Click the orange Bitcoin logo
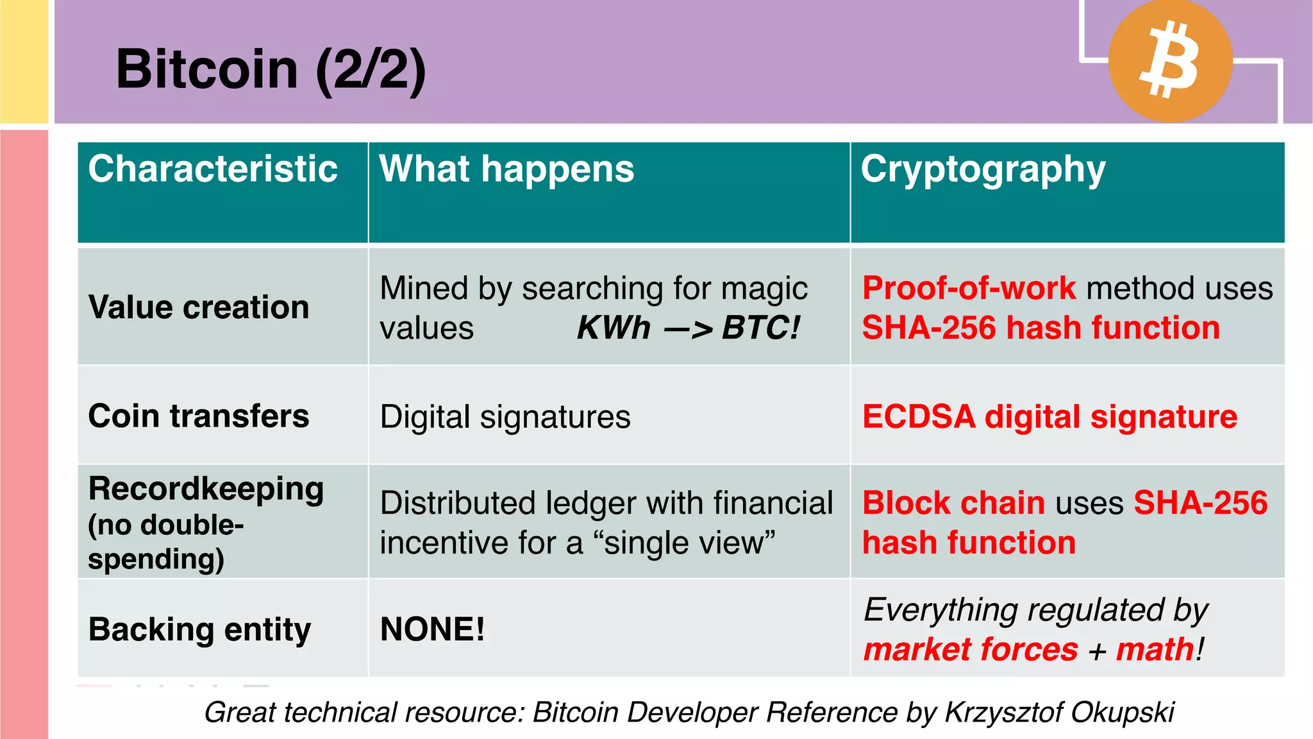(1170, 60)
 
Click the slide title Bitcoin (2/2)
(271, 69)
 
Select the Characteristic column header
(213, 169)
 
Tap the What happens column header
(506, 169)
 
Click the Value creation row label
(199, 307)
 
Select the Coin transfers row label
(199, 416)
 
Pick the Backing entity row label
(199, 629)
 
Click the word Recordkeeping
(206, 489)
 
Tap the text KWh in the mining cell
(614, 328)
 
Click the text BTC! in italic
(761, 328)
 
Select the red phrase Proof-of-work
(969, 288)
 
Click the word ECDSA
(919, 417)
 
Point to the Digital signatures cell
(505, 417)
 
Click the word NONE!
(433, 629)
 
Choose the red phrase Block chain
(953, 503)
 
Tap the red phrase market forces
(971, 649)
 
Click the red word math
(1155, 649)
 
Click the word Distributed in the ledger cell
(458, 503)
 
